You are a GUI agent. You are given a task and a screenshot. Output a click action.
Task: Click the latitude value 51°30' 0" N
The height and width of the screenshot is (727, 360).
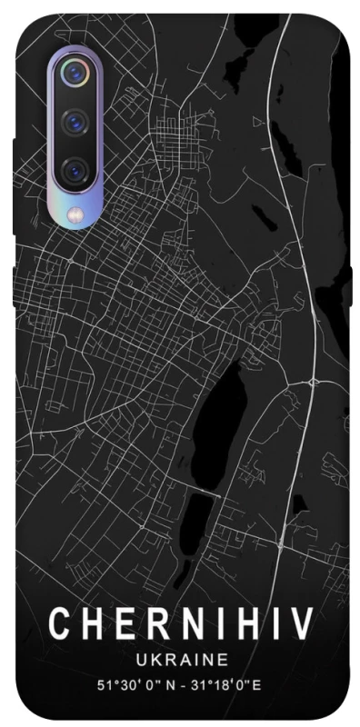[132, 682]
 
